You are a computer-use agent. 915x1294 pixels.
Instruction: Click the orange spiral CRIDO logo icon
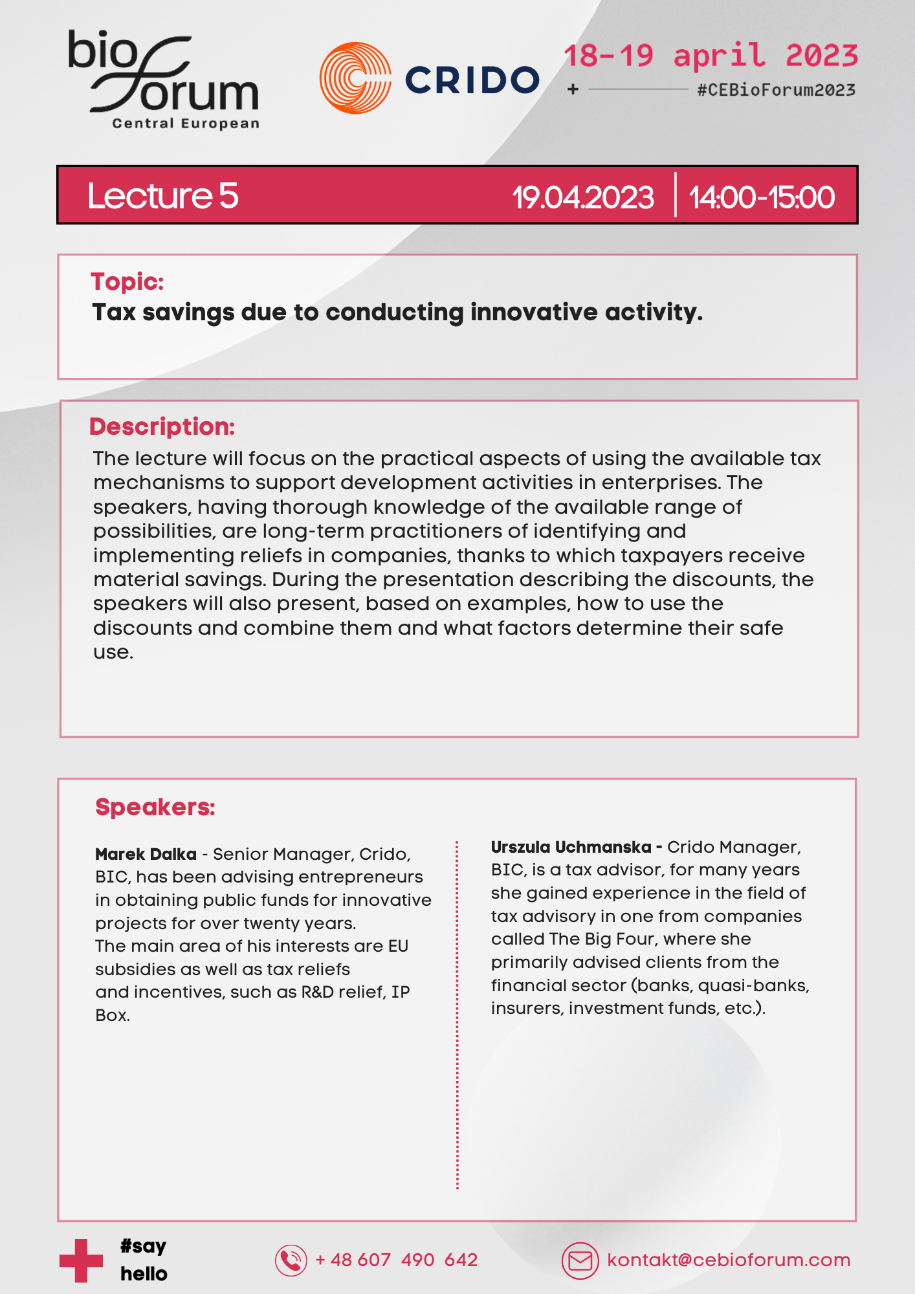[355, 78]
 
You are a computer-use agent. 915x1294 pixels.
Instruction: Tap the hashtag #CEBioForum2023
[776, 90]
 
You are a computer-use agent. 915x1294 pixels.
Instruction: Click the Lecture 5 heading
[163, 195]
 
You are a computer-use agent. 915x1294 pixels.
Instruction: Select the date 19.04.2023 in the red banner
[583, 197]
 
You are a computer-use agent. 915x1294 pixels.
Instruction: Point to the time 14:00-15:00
[762, 197]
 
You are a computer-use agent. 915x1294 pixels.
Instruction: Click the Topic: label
[127, 281]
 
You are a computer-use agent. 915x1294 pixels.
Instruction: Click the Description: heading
[162, 426]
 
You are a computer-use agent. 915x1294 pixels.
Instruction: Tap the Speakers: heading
[155, 807]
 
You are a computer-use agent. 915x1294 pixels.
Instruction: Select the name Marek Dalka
[146, 854]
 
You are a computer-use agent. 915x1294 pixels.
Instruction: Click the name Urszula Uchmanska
[571, 847]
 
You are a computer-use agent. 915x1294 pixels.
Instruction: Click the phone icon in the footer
[291, 1260]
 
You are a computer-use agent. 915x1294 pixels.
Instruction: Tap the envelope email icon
[580, 1260]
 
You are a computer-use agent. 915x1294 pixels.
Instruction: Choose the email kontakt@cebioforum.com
[729, 1260]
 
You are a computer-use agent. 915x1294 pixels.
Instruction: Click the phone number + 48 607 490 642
[396, 1260]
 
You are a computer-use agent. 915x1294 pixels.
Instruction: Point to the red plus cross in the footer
[81, 1260]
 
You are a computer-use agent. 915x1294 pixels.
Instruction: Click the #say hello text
[144, 1260]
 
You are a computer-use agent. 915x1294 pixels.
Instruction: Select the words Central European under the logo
[186, 124]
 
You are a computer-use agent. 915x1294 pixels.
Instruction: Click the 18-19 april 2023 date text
[711, 56]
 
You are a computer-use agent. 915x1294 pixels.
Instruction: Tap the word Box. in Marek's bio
[113, 1015]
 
